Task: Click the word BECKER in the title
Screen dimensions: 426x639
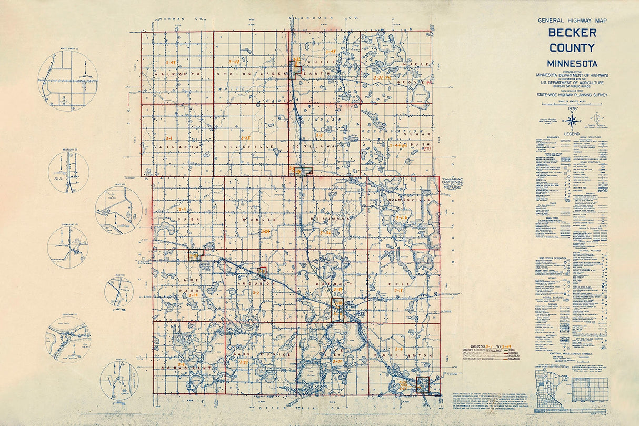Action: coord(572,33)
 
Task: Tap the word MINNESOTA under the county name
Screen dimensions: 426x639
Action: coord(572,64)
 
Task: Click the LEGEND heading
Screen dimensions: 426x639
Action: coord(572,134)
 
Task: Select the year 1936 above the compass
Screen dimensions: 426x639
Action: coord(571,108)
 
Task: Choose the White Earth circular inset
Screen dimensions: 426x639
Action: coord(68,80)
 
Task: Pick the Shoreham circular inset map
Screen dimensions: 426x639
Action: coord(68,339)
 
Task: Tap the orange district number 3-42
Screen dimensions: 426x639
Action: coord(234,62)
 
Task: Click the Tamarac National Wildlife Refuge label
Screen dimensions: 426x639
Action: coord(455,182)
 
